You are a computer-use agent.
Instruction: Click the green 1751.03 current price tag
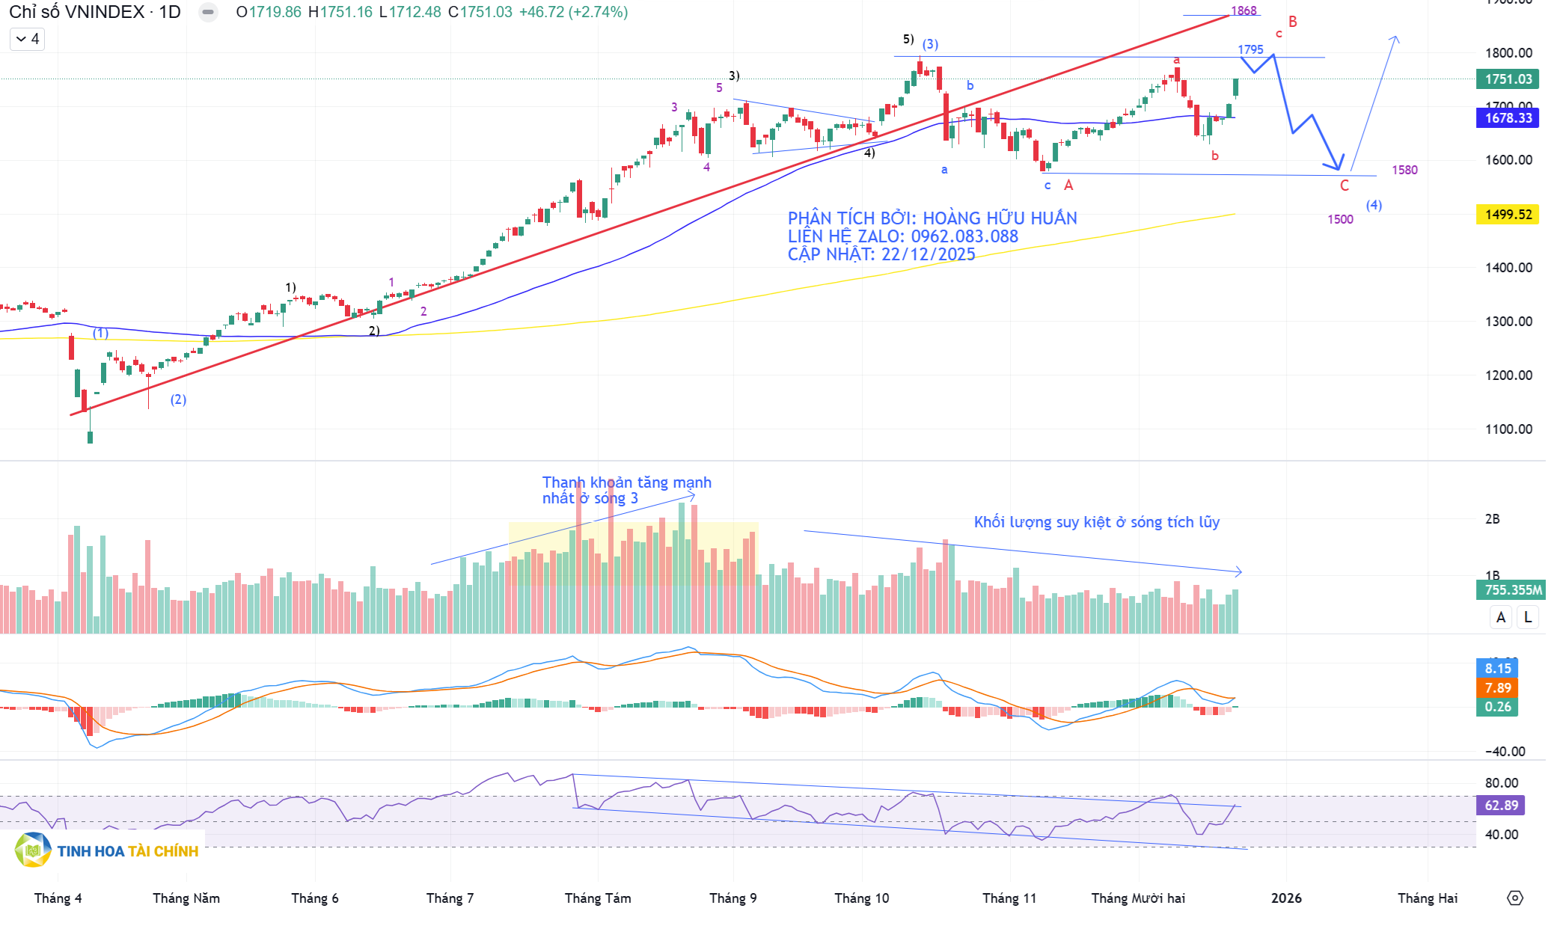[1508, 79]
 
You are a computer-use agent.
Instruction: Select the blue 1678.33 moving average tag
[1508, 118]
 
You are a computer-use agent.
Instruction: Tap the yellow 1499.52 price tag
[1508, 215]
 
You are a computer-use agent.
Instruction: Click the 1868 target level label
[1243, 10]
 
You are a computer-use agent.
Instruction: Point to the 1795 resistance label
[1250, 49]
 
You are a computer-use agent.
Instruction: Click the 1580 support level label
[1404, 170]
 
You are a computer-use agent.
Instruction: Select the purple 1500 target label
[1340, 219]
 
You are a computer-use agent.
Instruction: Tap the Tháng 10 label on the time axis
[862, 898]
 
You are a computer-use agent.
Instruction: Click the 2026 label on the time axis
[1286, 898]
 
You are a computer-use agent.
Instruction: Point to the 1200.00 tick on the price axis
[1508, 375]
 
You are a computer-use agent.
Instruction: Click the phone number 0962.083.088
[964, 236]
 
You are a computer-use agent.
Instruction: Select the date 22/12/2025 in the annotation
[929, 254]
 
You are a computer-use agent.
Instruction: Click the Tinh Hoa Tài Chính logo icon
[32, 850]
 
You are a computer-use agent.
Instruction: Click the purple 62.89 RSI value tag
[1502, 806]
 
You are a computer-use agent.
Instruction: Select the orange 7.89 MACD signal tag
[1498, 687]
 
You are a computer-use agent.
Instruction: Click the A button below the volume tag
[1501, 617]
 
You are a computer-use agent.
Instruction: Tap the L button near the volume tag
[1528, 617]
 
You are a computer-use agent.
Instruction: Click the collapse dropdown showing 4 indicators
[28, 39]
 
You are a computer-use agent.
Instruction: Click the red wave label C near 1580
[1345, 185]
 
